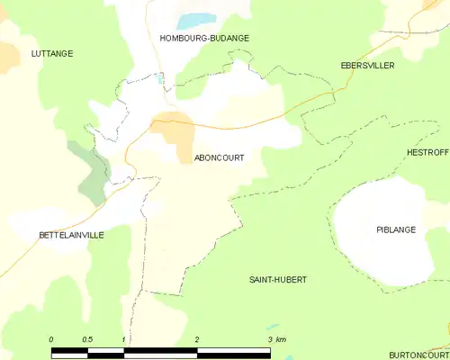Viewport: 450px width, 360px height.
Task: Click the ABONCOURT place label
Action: click(219, 157)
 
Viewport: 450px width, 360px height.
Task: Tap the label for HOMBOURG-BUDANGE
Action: click(204, 39)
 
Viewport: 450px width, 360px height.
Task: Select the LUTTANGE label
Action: click(51, 54)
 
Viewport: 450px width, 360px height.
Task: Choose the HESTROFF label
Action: click(427, 153)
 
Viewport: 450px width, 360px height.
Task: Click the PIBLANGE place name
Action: click(396, 230)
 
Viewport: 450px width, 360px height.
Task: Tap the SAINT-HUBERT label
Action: click(278, 280)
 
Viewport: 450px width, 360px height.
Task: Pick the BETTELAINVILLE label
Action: click(71, 235)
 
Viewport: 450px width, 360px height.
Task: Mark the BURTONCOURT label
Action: click(419, 355)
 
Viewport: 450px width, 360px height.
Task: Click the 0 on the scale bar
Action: click(51, 339)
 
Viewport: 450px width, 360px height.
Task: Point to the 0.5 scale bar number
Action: click(86, 339)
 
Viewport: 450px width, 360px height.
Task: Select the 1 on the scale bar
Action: click(123, 339)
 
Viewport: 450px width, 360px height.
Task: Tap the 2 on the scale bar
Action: click(196, 339)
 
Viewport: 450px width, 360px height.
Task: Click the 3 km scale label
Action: click(276, 339)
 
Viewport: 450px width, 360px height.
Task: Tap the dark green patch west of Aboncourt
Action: click(91, 174)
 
